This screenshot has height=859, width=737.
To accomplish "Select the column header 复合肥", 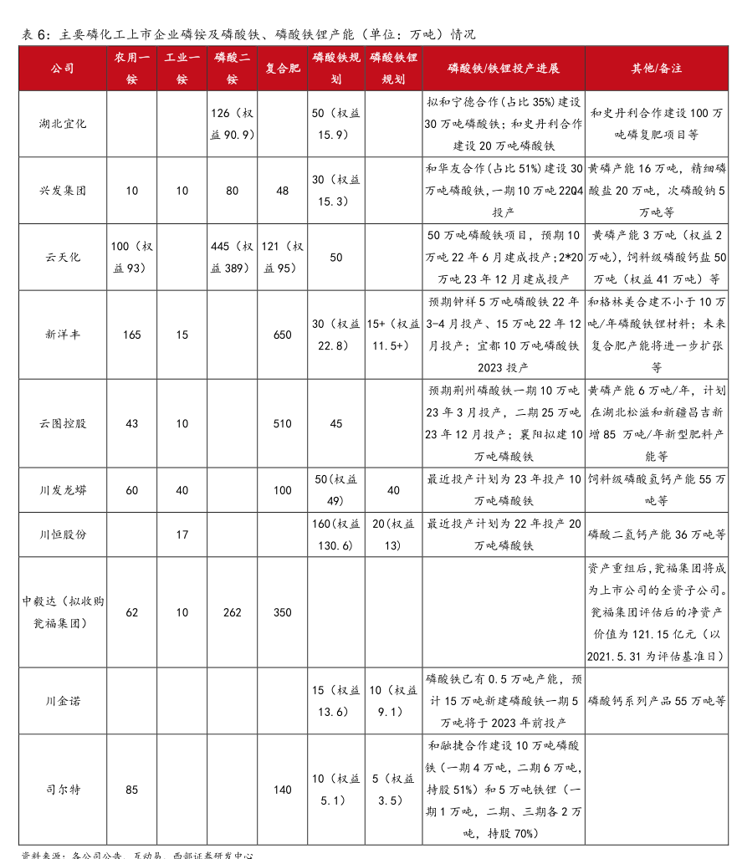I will pos(283,69).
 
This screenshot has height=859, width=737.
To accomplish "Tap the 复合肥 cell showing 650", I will pos(283,335).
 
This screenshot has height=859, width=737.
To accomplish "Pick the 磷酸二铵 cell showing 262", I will pos(233,612).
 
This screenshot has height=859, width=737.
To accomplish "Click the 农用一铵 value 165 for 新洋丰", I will pos(132,335).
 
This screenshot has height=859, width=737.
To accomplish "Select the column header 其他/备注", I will pos(656,69).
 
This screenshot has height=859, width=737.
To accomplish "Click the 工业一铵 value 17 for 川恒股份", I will pos(182,534).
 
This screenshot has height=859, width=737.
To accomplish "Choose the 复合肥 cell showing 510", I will pos(283,423).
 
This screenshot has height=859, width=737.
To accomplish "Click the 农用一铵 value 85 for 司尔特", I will pos(132,789).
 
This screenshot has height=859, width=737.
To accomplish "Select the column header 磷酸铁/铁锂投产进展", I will pos(504,69).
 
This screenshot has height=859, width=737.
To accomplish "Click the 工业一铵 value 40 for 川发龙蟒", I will pos(182,490).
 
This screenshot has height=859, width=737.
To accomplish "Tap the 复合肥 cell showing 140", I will pos(283,789).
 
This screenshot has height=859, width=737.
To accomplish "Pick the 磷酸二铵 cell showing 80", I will pos(233,191).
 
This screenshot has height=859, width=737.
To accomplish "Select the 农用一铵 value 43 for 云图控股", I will pos(132,423).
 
